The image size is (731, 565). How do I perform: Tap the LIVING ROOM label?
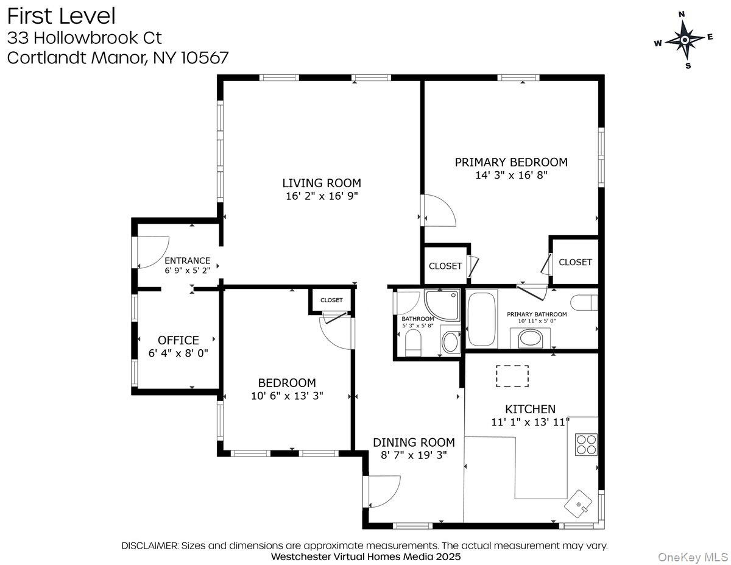click(322, 183)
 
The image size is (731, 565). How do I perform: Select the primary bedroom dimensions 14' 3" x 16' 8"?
click(511, 176)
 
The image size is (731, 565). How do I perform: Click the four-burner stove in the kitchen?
click(587, 444)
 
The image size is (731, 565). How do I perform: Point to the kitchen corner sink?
click(578, 504)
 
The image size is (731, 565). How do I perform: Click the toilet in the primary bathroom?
click(584, 302)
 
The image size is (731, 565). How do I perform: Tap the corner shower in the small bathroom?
click(442, 305)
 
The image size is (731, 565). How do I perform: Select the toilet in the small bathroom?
click(413, 343)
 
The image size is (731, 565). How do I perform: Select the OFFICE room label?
click(178, 340)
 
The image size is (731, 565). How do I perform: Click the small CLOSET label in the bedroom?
click(331, 300)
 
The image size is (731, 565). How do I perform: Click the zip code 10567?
click(205, 58)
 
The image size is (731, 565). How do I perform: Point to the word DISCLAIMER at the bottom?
click(149, 545)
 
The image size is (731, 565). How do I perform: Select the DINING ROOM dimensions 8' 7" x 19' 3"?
click(414, 455)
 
